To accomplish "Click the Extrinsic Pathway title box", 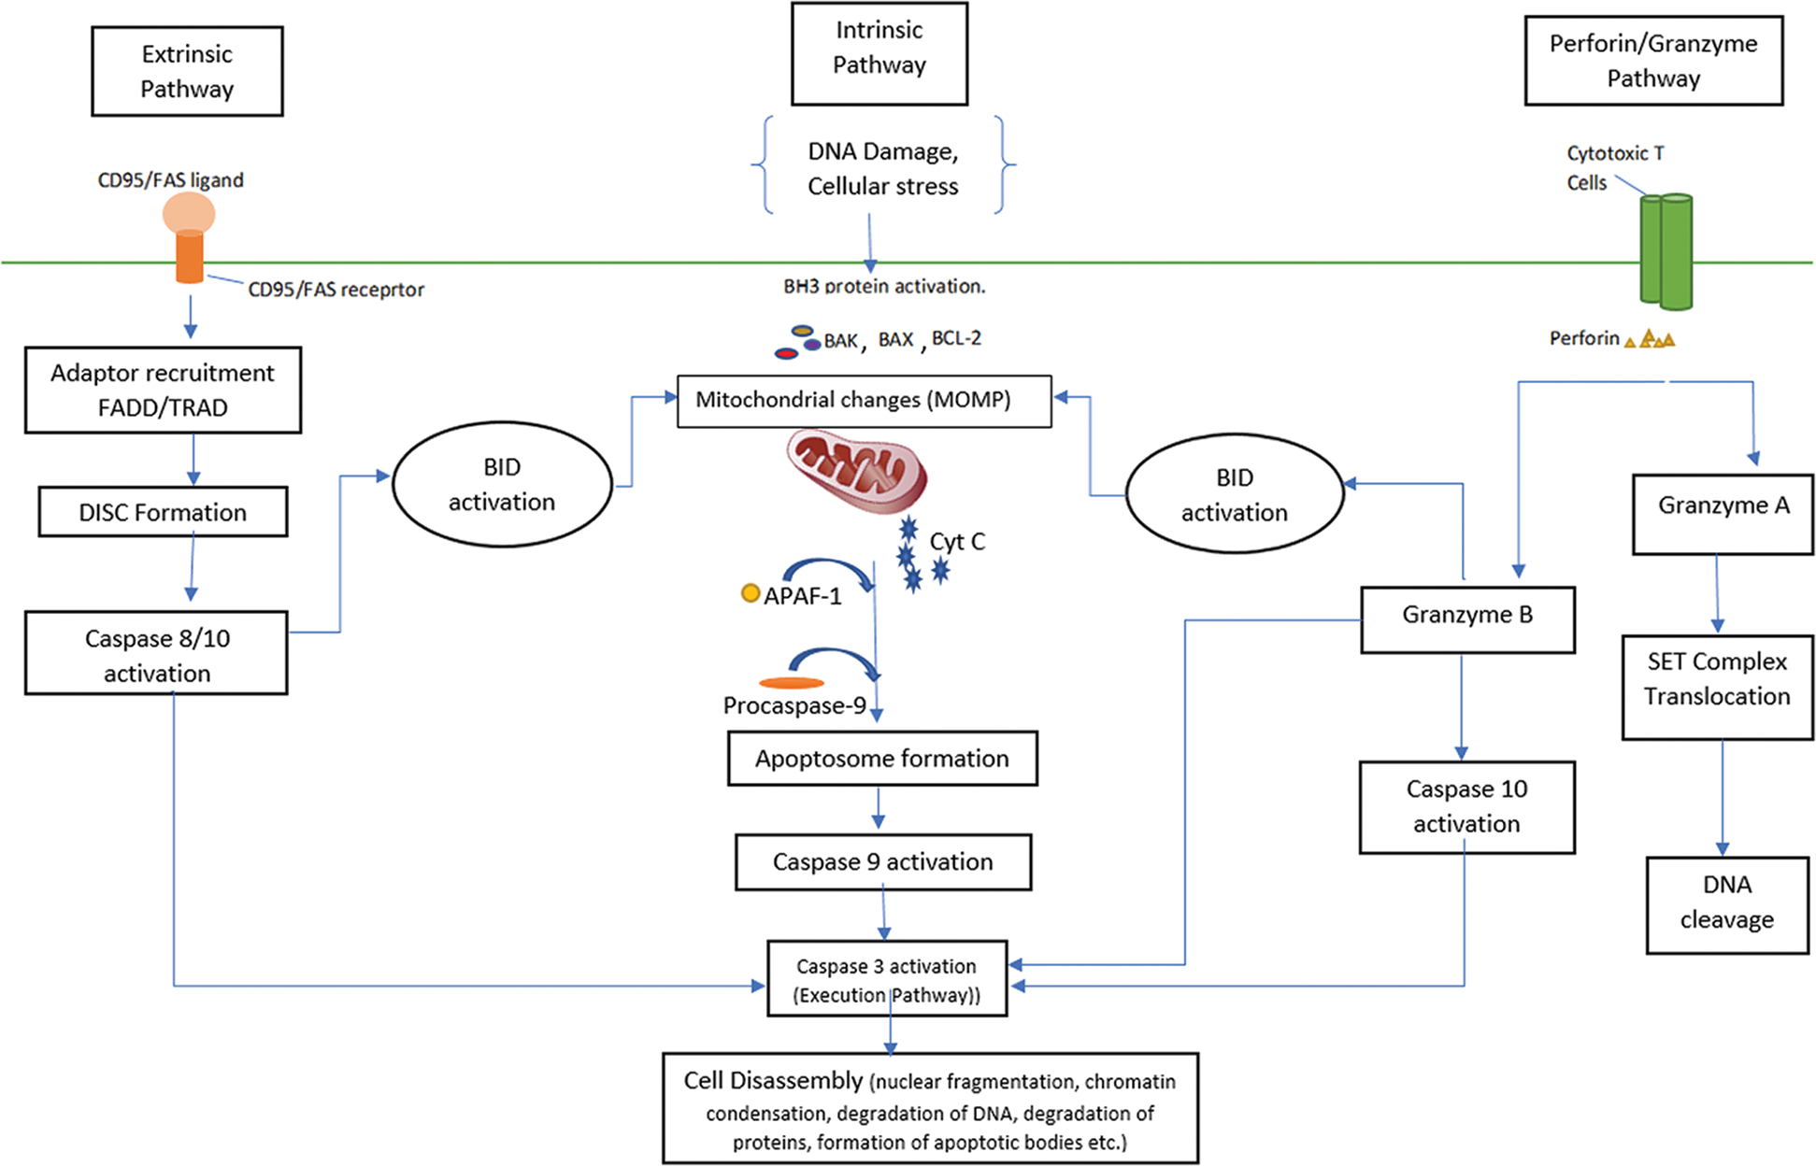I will tap(187, 71).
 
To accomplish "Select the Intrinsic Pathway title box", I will tap(879, 53).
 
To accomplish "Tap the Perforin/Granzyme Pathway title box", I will tap(1652, 61).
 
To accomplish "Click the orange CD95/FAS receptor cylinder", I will tap(190, 257).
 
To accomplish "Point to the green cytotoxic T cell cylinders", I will tap(1666, 250).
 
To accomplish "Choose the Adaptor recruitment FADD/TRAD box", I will tap(163, 390).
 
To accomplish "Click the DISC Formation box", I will tap(163, 512).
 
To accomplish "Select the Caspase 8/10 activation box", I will tap(156, 653).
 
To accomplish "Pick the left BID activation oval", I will tap(502, 484).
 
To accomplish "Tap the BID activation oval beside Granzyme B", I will tap(1234, 493).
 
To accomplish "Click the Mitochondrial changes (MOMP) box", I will tap(864, 401).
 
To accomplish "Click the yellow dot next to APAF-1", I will tap(750, 592).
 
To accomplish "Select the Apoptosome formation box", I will tap(881, 758).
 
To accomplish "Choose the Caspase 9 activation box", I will tap(882, 861).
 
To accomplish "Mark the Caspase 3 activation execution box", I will tap(886, 978).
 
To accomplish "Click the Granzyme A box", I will tap(1722, 514).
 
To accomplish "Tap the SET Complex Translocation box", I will tap(1717, 688).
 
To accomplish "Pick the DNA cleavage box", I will tap(1726, 904).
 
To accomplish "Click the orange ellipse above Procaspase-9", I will tap(792, 683).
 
